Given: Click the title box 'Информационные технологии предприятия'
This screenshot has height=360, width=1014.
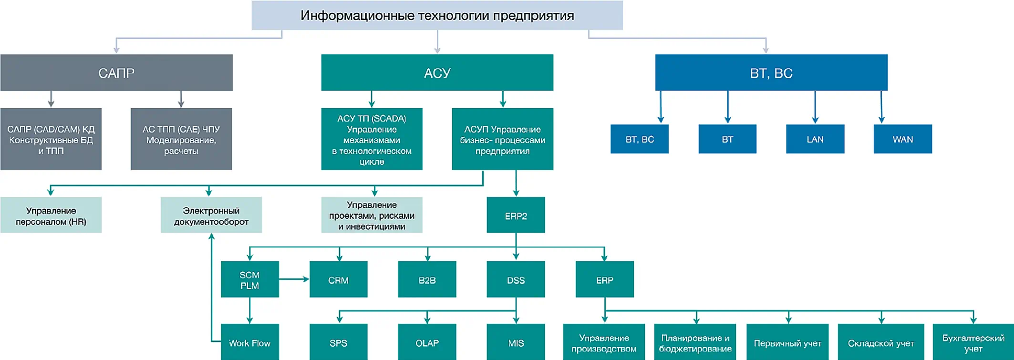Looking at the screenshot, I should pyautogui.click(x=437, y=15).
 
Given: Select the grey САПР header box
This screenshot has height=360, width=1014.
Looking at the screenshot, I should pyautogui.click(x=116, y=72).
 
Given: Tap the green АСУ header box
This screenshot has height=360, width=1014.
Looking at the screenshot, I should pyautogui.click(x=437, y=72).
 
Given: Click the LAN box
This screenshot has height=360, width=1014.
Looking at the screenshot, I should pyautogui.click(x=815, y=139).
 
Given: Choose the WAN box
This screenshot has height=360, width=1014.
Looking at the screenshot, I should pyautogui.click(x=902, y=139).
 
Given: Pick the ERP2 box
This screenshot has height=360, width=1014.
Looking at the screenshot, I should pyautogui.click(x=516, y=216).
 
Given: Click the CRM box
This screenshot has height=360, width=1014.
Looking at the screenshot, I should pyautogui.click(x=338, y=280).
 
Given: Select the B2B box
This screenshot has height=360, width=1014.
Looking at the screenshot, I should pyautogui.click(x=427, y=280).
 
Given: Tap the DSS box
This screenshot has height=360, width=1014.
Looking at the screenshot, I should pyautogui.click(x=516, y=280).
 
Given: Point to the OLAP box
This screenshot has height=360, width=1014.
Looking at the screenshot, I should pyautogui.click(x=427, y=343).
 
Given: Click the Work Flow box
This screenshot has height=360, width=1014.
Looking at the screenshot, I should pyautogui.click(x=249, y=343).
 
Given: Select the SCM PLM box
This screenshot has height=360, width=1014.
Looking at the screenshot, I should pyautogui.click(x=249, y=280).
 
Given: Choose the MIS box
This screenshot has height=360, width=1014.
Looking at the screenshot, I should pyautogui.click(x=516, y=343).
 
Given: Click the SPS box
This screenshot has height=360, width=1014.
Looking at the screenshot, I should pyautogui.click(x=338, y=343).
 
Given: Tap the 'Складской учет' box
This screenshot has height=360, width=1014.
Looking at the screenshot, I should pyautogui.click(x=880, y=343).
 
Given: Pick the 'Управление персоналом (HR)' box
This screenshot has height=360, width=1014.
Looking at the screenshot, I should pyautogui.click(x=51, y=216).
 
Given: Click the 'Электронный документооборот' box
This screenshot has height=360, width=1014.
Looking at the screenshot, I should pyautogui.click(x=211, y=216).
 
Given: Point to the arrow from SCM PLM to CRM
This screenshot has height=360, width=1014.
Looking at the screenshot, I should pyautogui.click(x=294, y=279).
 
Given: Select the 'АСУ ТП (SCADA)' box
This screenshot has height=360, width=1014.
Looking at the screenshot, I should pyautogui.click(x=372, y=139).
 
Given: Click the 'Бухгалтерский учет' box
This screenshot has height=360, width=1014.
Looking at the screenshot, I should pyautogui.click(x=973, y=343).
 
